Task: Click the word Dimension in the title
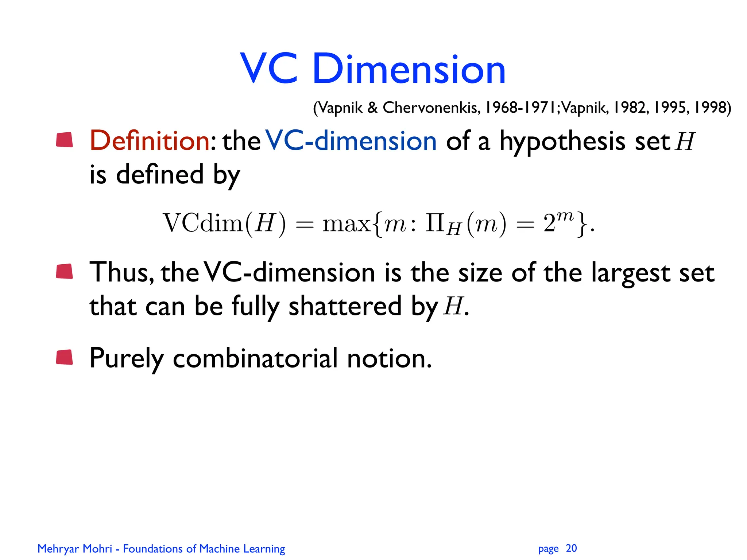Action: (409, 69)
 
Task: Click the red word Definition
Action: (150, 141)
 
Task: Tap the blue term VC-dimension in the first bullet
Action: (351, 141)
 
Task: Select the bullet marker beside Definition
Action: (65, 140)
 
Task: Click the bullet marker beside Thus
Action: (65, 272)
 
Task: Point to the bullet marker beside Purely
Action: (65, 357)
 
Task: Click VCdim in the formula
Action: (202, 223)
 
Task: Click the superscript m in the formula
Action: (565, 216)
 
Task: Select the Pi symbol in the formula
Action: (434, 223)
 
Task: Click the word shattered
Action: (345, 306)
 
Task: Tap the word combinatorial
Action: (255, 358)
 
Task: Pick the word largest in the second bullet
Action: (630, 273)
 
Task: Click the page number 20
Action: (571, 548)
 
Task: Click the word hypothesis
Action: (562, 141)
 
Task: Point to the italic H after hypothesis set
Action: (685, 141)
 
